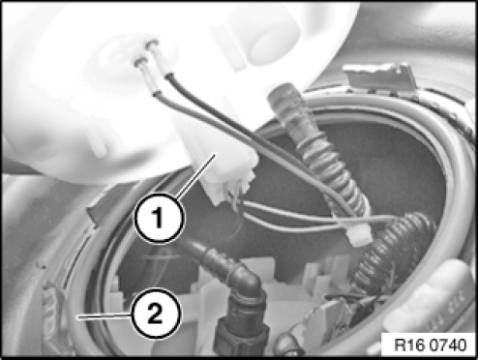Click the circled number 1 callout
(159, 218)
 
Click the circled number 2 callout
(156, 313)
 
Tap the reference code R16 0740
(431, 345)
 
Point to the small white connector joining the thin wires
(359, 235)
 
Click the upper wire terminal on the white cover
(152, 45)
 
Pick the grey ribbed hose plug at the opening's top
(288, 106)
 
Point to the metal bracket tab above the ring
(380, 76)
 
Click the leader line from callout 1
(195, 176)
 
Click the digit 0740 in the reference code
(450, 345)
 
